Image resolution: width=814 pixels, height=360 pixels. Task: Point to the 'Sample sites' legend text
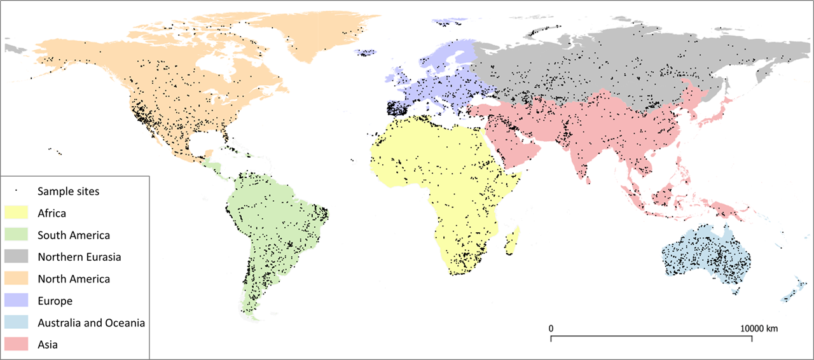(x=68, y=191)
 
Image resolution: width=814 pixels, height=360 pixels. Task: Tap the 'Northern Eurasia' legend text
(x=79, y=257)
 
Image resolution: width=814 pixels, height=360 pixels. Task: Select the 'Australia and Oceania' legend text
(x=91, y=322)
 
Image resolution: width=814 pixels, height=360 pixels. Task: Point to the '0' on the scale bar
(x=550, y=328)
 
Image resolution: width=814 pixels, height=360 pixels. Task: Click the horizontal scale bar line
(x=651, y=336)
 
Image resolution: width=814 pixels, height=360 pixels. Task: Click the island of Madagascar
(x=513, y=242)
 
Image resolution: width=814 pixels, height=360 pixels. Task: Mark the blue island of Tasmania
(x=736, y=291)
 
